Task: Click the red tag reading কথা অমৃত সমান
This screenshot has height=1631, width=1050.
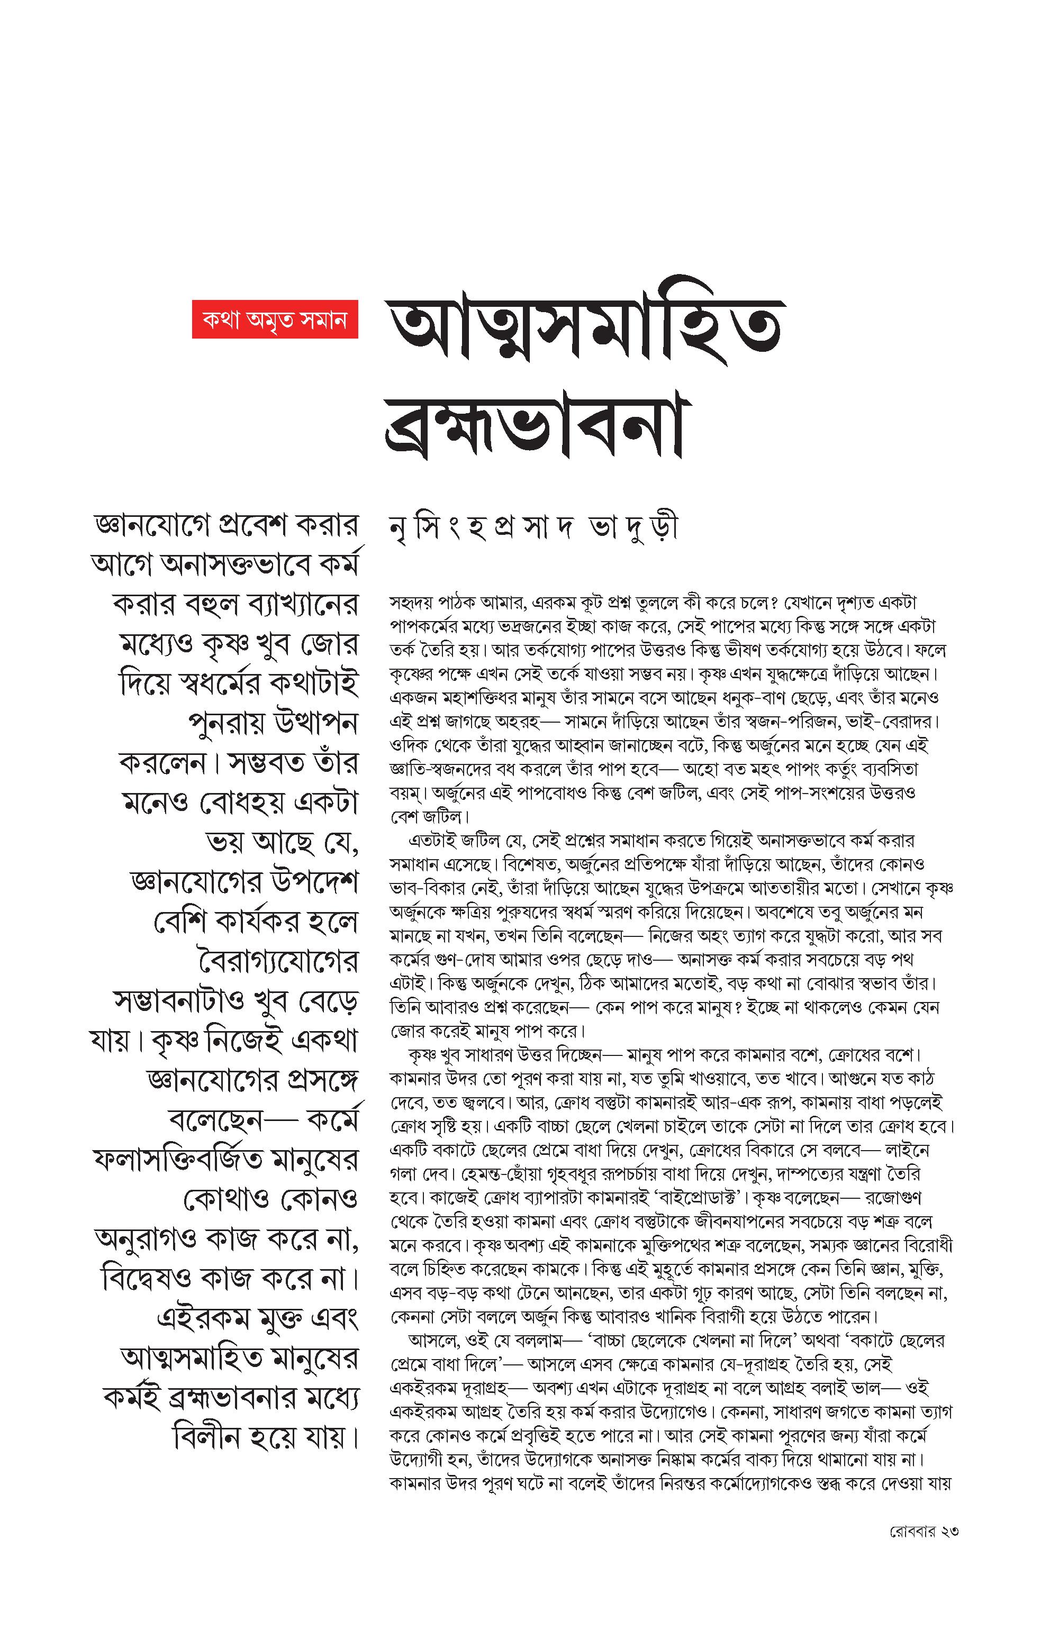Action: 275,319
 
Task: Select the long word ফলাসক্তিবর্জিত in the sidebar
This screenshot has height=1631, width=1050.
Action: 178,1160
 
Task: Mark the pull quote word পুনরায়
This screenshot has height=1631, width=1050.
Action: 224,724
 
